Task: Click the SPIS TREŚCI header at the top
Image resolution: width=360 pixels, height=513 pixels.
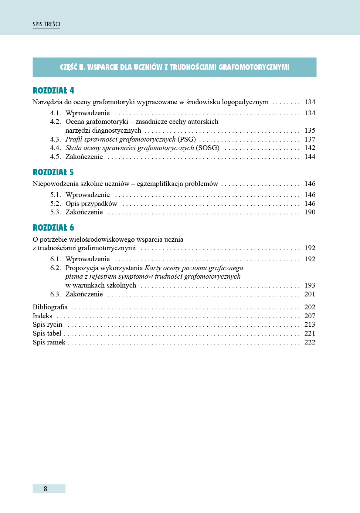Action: coord(46,24)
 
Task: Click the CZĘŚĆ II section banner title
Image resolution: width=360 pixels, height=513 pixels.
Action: coord(174,67)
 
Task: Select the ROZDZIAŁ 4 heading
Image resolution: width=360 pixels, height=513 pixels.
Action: coord(53,91)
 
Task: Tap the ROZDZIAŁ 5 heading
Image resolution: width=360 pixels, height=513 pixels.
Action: coord(53,172)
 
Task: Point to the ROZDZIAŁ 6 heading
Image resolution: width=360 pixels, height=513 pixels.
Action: coord(53,228)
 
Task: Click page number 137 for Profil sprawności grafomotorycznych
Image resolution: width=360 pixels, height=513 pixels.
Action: coord(310,139)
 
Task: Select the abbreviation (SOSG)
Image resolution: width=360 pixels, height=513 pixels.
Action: coord(208,148)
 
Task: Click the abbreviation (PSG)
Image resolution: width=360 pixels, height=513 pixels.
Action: coord(187,139)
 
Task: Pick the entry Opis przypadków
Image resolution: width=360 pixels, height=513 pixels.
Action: coord(91,204)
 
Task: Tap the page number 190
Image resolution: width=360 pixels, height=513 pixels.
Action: coord(310,212)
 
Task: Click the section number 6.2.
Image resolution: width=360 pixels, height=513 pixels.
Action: coord(55,268)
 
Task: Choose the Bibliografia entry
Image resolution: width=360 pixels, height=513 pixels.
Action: coord(50,307)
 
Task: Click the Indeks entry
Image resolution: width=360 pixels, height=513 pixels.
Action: coord(43,316)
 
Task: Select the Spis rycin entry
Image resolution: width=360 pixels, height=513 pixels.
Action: coord(47,325)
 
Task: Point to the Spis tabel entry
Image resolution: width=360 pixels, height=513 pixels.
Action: coord(47,333)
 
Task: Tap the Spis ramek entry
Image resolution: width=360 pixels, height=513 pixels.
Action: coord(49,342)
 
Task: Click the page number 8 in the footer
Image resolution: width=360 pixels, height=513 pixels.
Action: coord(45,489)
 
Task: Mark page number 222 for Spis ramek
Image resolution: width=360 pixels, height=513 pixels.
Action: coord(310,342)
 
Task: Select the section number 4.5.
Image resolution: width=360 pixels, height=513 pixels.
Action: coord(55,157)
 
